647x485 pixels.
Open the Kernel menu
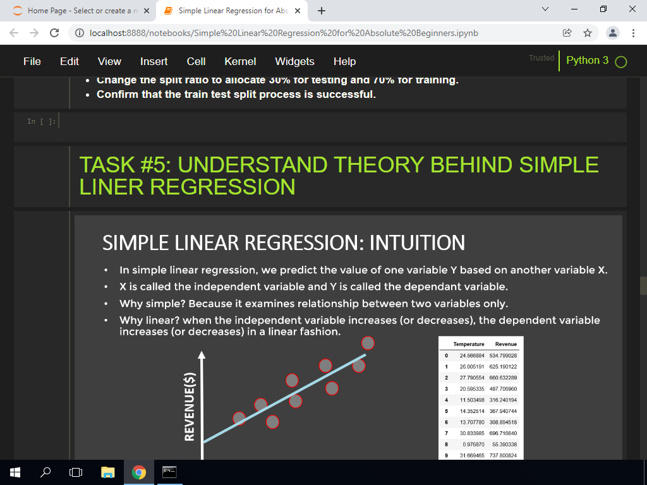point(240,61)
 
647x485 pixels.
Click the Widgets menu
point(294,61)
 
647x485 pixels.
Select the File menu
point(32,61)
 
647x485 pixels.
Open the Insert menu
point(154,61)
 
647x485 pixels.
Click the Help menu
point(344,61)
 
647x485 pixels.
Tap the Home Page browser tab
point(79,11)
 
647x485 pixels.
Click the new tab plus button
point(322,11)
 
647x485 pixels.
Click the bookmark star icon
point(587,33)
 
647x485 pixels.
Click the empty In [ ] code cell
point(341,122)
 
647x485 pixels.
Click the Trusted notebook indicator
point(541,58)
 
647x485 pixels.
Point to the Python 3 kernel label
point(587,61)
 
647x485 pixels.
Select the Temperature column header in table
point(468,344)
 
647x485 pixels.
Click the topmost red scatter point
point(368,342)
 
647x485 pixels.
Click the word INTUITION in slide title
point(417,242)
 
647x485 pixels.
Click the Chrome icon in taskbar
point(138,472)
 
